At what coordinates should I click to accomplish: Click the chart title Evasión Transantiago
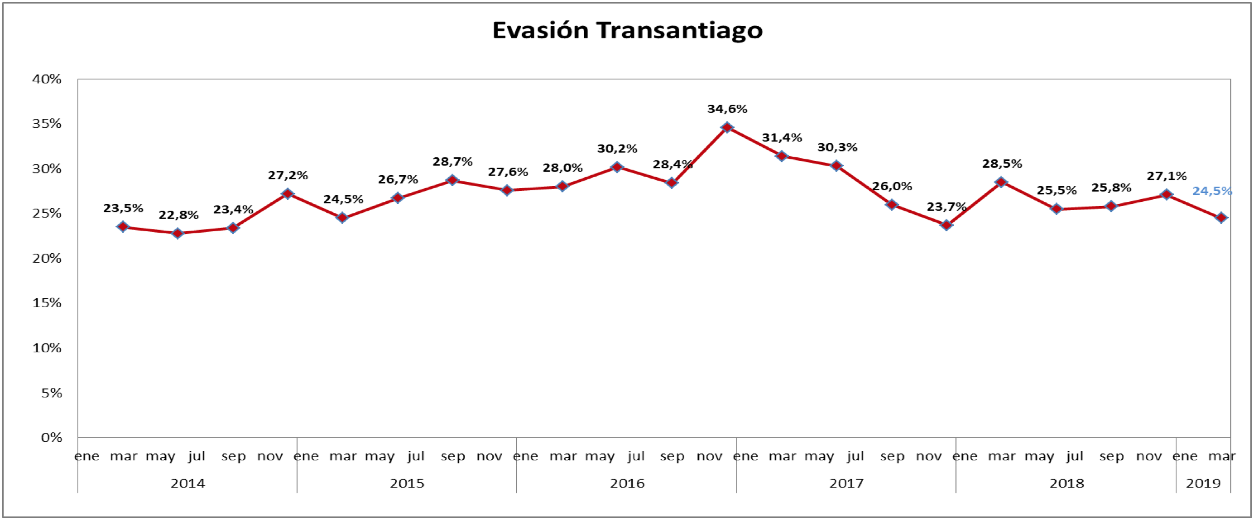coord(627,30)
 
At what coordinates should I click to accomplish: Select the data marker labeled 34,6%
coord(727,127)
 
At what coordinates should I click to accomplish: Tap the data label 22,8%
coord(178,215)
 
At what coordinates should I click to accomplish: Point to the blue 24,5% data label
coord(1211,191)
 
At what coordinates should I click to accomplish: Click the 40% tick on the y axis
coord(47,79)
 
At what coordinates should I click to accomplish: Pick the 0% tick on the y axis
coord(51,438)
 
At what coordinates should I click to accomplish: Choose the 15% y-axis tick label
coord(47,303)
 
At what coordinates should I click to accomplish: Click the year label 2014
coord(187,483)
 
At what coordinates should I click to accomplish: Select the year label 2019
coord(1203,483)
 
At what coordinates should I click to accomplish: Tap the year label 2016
coord(627,483)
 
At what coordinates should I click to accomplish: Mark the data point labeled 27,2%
coord(288,194)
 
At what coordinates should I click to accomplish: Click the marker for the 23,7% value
coord(946,225)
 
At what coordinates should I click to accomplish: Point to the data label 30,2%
coord(617,149)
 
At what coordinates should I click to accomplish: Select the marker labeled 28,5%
coord(1001,182)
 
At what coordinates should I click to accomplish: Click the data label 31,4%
coord(782,138)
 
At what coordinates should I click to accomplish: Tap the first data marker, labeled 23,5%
coord(123,227)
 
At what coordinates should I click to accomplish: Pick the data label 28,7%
coord(452,161)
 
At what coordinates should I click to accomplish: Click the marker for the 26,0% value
coord(891,204)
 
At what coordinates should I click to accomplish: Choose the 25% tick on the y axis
coord(47,213)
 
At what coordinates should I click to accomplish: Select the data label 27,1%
coord(1166,176)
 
